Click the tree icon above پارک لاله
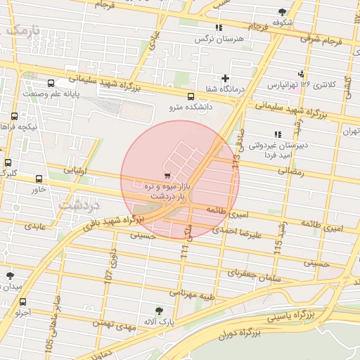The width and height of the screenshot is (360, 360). pos(160,310)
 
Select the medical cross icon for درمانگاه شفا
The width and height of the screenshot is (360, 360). pos(225,78)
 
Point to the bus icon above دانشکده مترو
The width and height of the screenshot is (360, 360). pos(191,96)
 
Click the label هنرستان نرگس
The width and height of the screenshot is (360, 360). pos(219,39)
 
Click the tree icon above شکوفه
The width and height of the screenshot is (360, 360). pos(282,11)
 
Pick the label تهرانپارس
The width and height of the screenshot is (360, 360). pos(284,84)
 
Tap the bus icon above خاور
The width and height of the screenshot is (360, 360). pos(39,179)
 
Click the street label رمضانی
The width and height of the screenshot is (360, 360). pos(291,171)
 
